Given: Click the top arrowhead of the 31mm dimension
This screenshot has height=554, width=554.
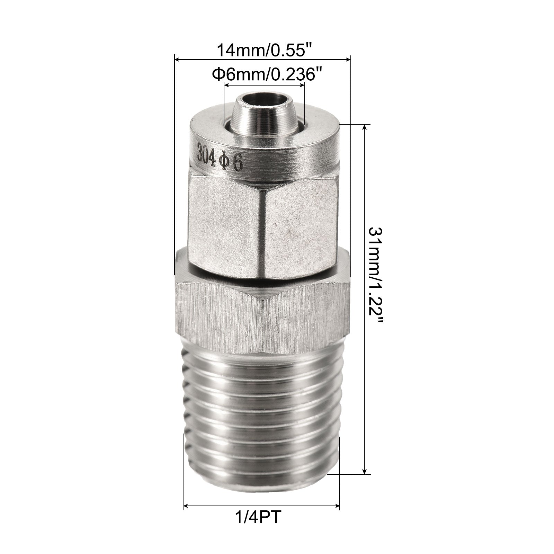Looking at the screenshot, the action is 364,128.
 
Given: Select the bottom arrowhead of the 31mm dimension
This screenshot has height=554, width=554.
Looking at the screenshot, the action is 364,471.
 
